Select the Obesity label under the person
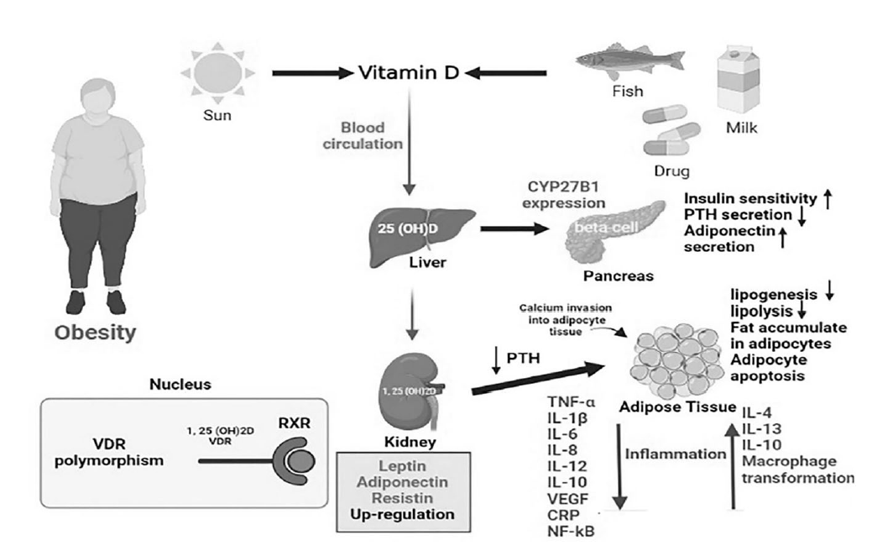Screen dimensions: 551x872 (95, 333)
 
